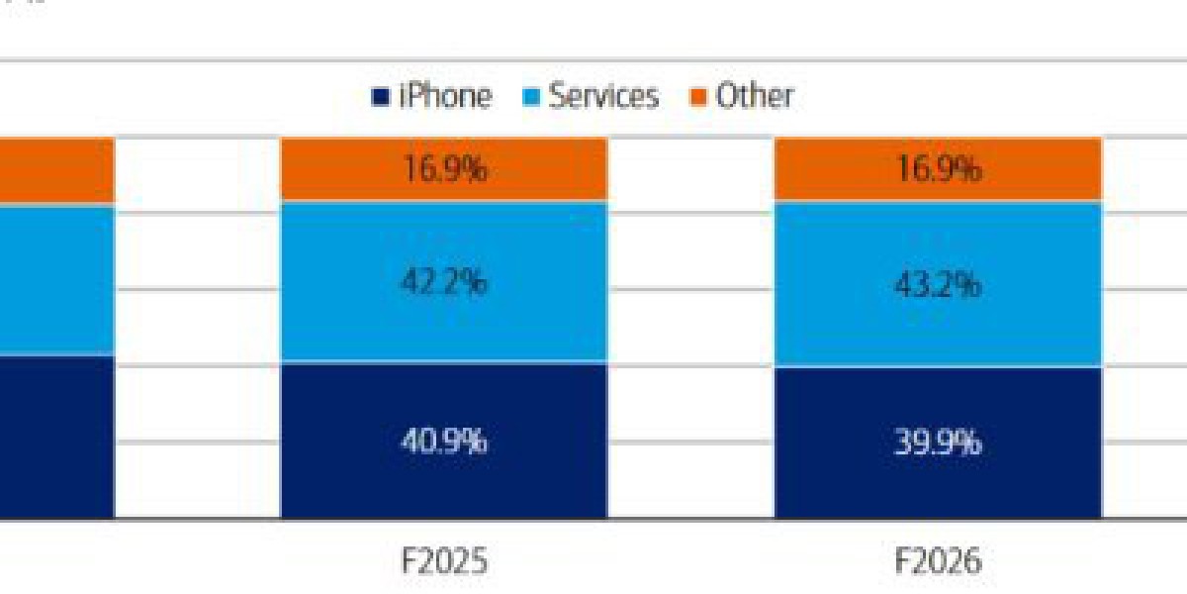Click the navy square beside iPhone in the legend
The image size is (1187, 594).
click(x=379, y=97)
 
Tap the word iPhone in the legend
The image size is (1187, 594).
click(x=444, y=96)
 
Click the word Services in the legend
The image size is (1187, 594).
click(x=603, y=96)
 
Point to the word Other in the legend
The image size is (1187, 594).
click(x=755, y=96)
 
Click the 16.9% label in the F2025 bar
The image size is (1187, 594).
click(x=444, y=169)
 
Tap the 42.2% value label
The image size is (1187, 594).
click(x=444, y=283)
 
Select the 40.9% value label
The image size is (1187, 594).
click(x=444, y=441)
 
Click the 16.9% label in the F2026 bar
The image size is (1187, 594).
click(x=939, y=169)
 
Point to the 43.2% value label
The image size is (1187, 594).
click(x=939, y=285)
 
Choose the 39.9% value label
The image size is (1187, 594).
click(x=939, y=442)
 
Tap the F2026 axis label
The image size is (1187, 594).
click(x=939, y=562)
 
